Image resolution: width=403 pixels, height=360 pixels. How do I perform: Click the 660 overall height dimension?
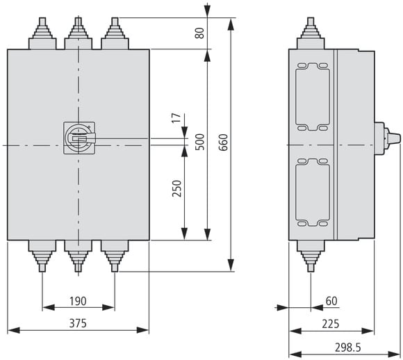(x=224, y=142)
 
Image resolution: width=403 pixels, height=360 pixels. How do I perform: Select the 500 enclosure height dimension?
(x=200, y=142)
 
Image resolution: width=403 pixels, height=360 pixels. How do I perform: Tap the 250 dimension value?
(x=176, y=188)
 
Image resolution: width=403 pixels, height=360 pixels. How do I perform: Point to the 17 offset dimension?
(x=176, y=117)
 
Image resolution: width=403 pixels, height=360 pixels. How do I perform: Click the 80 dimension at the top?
(x=199, y=33)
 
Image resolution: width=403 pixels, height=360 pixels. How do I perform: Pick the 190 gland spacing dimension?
(x=78, y=301)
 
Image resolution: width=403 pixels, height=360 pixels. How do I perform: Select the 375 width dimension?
(x=78, y=323)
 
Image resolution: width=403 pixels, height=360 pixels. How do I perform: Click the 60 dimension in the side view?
(x=331, y=301)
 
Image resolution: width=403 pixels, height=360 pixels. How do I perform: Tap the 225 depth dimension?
(x=331, y=324)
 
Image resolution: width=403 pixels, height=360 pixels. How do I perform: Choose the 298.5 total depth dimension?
(x=348, y=347)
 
